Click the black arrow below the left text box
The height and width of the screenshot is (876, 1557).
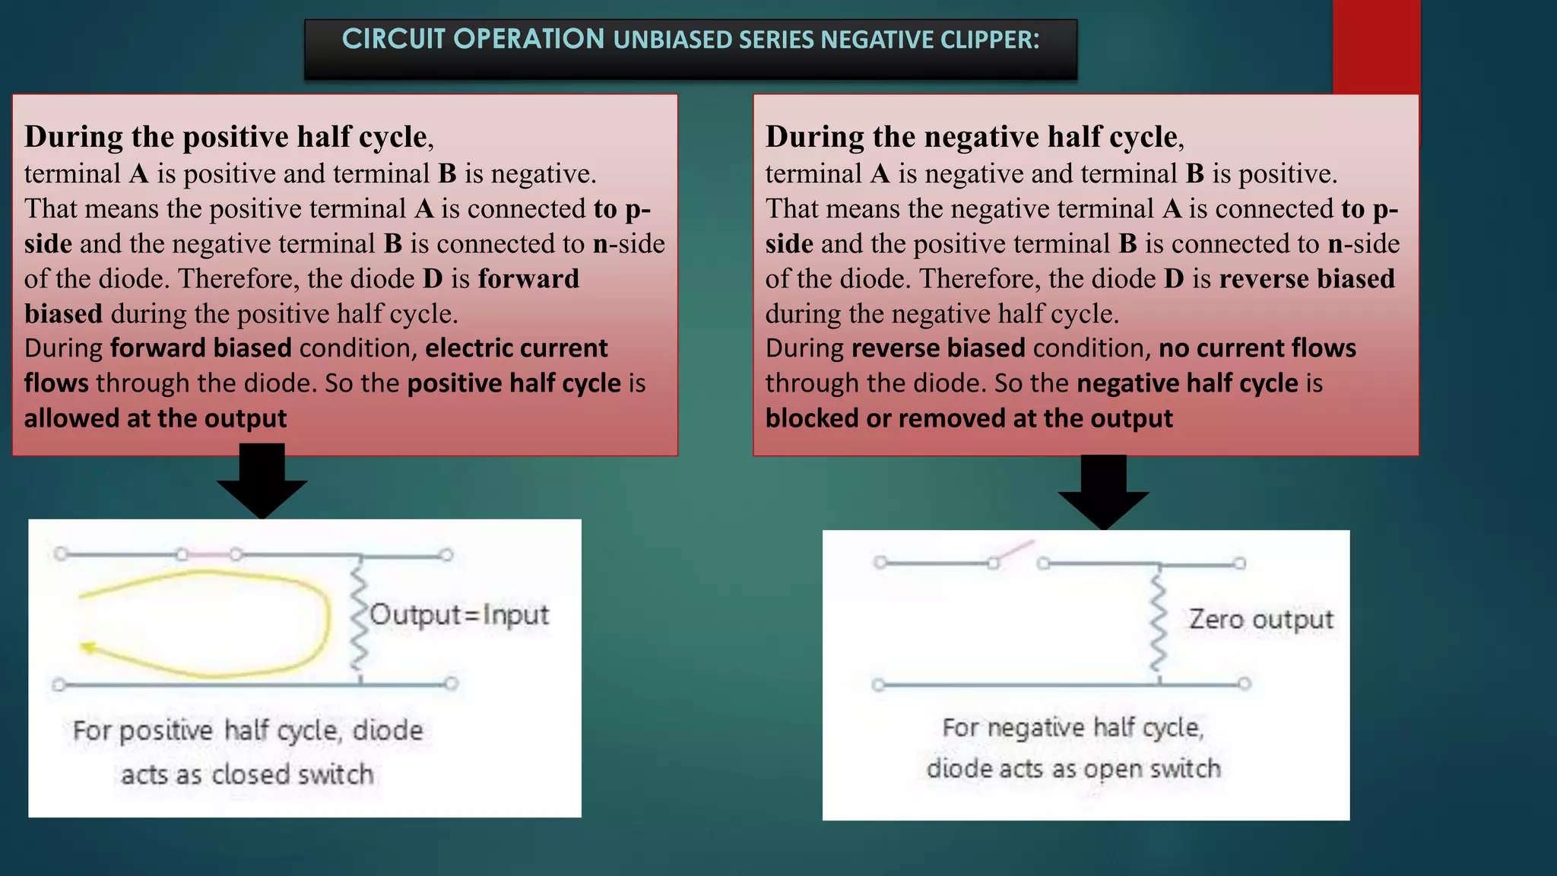coord(262,484)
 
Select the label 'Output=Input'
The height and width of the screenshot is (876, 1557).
coord(459,614)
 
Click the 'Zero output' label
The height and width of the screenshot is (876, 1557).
coord(1261,619)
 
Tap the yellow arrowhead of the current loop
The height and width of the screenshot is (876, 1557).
coord(87,647)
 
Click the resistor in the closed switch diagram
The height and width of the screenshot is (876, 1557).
coord(359,620)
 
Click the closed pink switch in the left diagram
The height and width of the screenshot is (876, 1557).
coord(209,554)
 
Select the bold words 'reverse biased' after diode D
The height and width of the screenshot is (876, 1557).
coord(1307,278)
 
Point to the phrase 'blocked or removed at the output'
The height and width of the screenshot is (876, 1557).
coord(969,418)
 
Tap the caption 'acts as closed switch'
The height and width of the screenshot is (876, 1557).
coord(247,774)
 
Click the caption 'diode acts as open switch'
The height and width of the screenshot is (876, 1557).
coord(1073,769)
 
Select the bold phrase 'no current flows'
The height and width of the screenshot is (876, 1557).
coord(1257,348)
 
